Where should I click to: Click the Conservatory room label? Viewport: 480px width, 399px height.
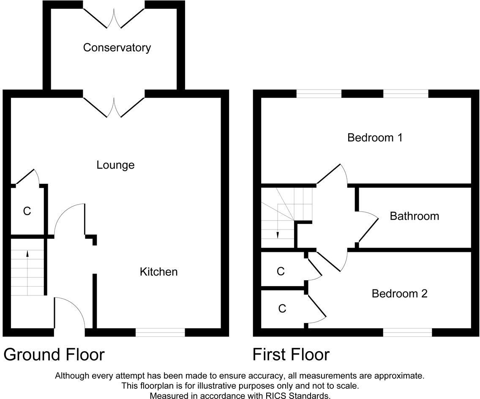click(117, 48)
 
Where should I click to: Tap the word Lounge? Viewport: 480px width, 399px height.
click(115, 165)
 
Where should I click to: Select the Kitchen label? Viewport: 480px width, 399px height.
click(158, 272)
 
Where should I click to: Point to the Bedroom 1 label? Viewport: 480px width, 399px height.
click(375, 138)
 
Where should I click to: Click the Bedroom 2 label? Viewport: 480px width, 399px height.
click(399, 294)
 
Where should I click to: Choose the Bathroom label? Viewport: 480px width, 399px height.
click(415, 216)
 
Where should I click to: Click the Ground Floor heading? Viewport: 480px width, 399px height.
click(54, 355)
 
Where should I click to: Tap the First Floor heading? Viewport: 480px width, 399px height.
click(291, 355)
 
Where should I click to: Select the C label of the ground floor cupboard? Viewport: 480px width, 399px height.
click(27, 211)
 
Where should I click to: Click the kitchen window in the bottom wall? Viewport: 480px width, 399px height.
click(160, 333)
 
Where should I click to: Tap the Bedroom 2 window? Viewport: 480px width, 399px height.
click(407, 333)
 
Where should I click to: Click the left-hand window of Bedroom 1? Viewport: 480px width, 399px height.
click(319, 94)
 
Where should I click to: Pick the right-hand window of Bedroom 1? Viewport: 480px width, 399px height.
click(406, 94)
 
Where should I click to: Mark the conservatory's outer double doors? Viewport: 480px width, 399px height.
click(114, 18)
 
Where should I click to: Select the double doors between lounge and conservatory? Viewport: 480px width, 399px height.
click(114, 107)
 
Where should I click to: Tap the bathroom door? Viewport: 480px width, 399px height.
click(368, 228)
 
